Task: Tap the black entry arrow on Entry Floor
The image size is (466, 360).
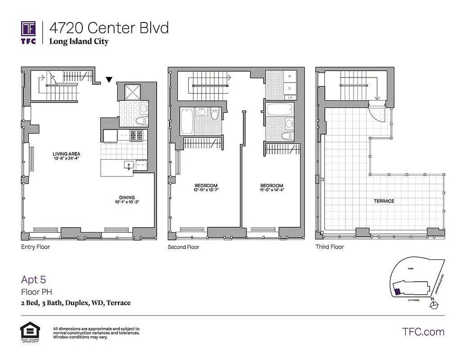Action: click(x=109, y=80)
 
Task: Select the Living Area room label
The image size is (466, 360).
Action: click(x=66, y=154)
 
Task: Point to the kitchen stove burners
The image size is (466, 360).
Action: click(x=136, y=135)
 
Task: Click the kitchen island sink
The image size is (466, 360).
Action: click(x=128, y=166)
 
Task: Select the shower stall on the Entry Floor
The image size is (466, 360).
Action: click(x=134, y=92)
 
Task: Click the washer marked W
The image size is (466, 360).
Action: click(x=290, y=76)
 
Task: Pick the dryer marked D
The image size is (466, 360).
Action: click(x=290, y=89)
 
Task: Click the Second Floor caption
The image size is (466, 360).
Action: click(x=183, y=247)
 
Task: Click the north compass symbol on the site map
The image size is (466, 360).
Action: click(x=434, y=305)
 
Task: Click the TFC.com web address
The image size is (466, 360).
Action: click(x=423, y=332)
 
